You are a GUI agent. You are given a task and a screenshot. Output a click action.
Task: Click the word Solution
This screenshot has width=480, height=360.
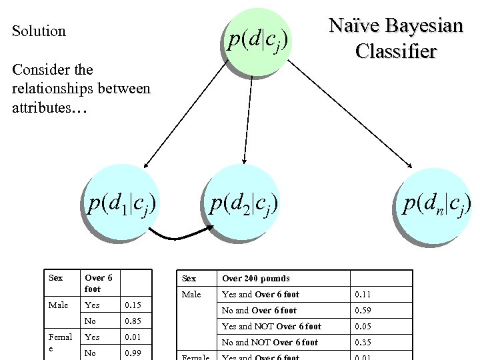pos(39,31)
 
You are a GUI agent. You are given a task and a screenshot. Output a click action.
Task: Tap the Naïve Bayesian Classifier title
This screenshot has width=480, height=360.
pos(396,38)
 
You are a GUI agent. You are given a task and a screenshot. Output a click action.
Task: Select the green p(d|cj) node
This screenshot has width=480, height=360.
pos(257,41)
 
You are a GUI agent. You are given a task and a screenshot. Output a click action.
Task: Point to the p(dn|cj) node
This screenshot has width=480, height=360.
pos(437,204)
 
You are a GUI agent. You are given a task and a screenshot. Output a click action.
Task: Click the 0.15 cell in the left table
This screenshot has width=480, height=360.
pos(135,305)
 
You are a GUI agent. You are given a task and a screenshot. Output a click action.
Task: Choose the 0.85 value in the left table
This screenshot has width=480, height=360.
pos(135,321)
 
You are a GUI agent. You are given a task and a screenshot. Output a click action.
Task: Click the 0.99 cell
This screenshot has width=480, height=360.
pos(135,353)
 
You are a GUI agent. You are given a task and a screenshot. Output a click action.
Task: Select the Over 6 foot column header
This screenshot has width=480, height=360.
pos(99,283)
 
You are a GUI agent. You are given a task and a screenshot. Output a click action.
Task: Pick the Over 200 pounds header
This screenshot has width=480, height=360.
pos(256,279)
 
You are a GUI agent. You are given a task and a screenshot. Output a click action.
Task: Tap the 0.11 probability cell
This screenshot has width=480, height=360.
pos(363,295)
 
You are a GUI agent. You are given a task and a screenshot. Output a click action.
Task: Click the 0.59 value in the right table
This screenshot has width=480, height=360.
pos(363,311)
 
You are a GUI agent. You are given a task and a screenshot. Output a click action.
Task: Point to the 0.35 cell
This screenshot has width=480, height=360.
pos(363,343)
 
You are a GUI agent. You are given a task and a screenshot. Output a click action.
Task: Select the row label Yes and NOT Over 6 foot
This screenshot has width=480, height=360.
pos(271,327)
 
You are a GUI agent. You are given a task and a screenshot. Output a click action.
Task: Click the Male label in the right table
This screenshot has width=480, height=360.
pos(191,295)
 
